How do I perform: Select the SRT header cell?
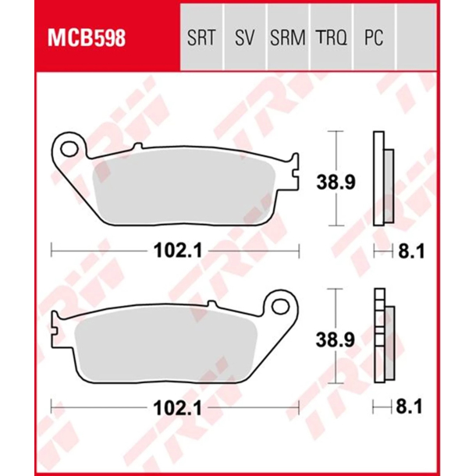[x=201, y=37]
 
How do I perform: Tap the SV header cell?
[x=244, y=37]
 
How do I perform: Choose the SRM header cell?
[x=287, y=37]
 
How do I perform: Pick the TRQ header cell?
[x=331, y=37]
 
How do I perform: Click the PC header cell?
[x=373, y=37]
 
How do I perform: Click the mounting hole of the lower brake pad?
[x=278, y=303]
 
